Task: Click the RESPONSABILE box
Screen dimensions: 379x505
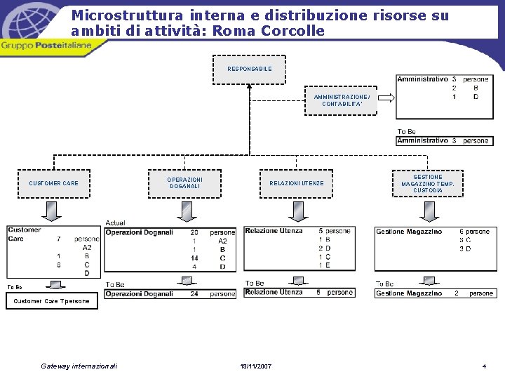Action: pos(249,69)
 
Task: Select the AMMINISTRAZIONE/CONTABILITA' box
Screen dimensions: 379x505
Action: pos(341,100)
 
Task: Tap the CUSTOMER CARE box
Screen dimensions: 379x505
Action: pos(53,184)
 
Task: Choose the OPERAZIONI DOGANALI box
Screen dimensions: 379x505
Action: pos(184,183)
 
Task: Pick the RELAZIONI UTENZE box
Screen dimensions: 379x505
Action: pos(297,184)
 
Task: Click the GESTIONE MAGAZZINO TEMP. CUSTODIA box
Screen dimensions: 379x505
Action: pos(427,184)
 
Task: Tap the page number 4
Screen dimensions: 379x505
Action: pos(484,366)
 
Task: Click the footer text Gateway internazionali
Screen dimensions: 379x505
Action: pos(79,366)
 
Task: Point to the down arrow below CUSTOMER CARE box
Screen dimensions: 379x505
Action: pos(52,211)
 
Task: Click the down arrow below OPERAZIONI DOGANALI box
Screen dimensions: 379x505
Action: pos(186,211)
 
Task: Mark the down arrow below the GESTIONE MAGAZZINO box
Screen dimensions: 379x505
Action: pos(429,211)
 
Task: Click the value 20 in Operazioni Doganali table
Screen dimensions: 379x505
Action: pos(194,232)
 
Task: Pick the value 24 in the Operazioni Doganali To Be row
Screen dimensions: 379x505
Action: pos(195,294)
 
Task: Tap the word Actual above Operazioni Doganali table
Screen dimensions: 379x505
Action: pos(115,222)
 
